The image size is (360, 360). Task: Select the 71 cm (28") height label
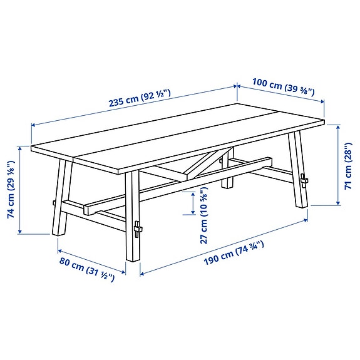[347, 165]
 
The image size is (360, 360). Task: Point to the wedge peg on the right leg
[304, 181]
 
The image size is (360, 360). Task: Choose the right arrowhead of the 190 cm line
[307, 220]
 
